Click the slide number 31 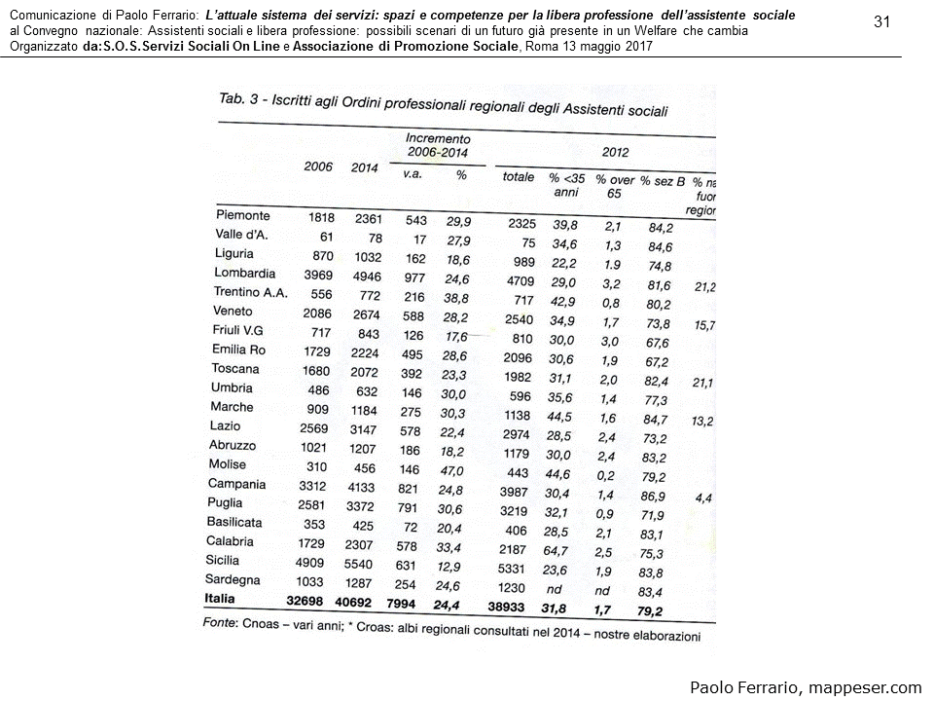pyautogui.click(x=882, y=22)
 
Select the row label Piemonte pyautogui.click(x=242, y=215)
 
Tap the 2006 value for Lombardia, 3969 pyautogui.click(x=316, y=275)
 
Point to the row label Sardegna pyautogui.click(x=233, y=580)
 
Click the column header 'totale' pyautogui.click(x=518, y=177)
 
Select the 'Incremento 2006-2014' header pyautogui.click(x=438, y=147)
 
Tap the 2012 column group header pyautogui.click(x=615, y=152)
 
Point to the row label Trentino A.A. pyautogui.click(x=250, y=293)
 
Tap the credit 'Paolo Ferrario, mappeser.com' pyautogui.click(x=806, y=687)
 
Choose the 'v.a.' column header pyautogui.click(x=412, y=173)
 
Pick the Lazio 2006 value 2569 pyautogui.click(x=315, y=427)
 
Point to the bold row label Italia pyautogui.click(x=221, y=598)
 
